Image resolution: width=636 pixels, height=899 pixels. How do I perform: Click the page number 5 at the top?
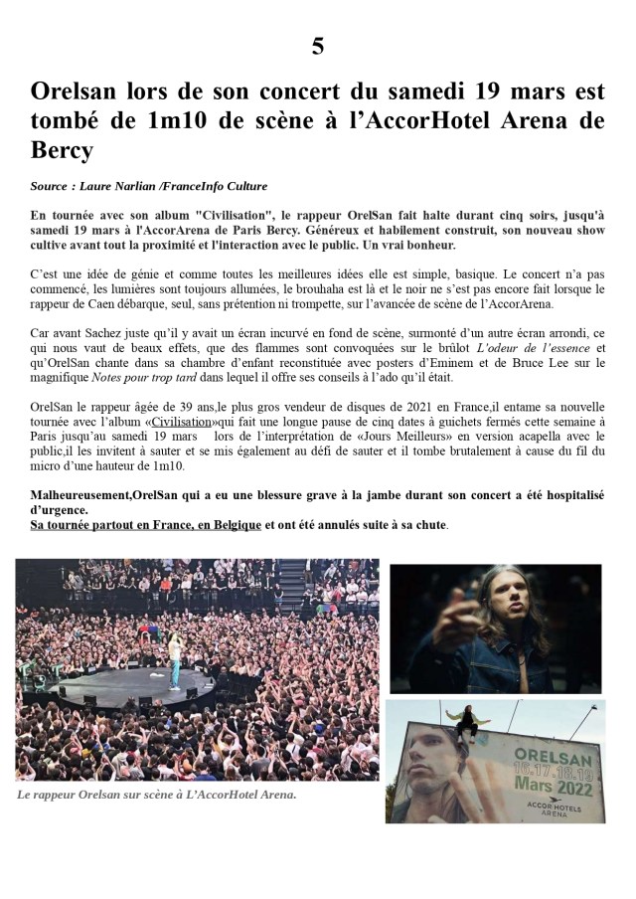point(317,46)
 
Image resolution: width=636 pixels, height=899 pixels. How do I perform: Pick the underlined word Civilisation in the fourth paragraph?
point(183,422)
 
